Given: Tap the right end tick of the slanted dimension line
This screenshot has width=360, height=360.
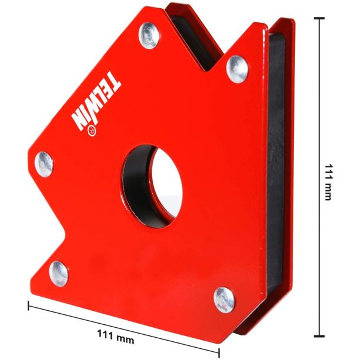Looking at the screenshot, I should tap(220, 352).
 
